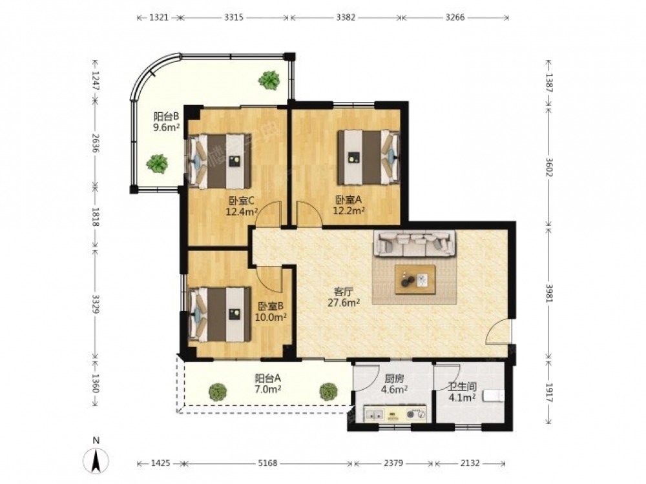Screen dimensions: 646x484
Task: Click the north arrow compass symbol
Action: pyautogui.click(x=96, y=459)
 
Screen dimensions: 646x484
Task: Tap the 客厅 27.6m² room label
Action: pyautogui.click(x=344, y=297)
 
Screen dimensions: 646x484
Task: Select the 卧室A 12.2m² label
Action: pyautogui.click(x=349, y=205)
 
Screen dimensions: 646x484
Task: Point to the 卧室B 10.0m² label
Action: pyautogui.click(x=272, y=312)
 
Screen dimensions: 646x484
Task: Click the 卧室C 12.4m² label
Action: pyautogui.click(x=242, y=207)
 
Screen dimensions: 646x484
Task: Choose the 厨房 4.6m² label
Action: pyautogui.click(x=394, y=383)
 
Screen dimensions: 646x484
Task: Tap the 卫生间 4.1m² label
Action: pyautogui.click(x=463, y=392)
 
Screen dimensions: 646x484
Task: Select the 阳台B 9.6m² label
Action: pyautogui.click(x=166, y=121)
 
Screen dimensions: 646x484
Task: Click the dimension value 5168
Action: pyautogui.click(x=267, y=463)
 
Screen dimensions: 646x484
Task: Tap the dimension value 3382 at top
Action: pyautogui.click(x=346, y=17)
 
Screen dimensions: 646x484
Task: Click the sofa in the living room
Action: pyautogui.click(x=415, y=243)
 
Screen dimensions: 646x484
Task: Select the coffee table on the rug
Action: pyautogui.click(x=415, y=280)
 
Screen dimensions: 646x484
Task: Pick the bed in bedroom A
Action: pyautogui.click(x=369, y=157)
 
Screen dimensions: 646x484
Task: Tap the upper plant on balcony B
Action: pyautogui.click(x=270, y=80)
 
